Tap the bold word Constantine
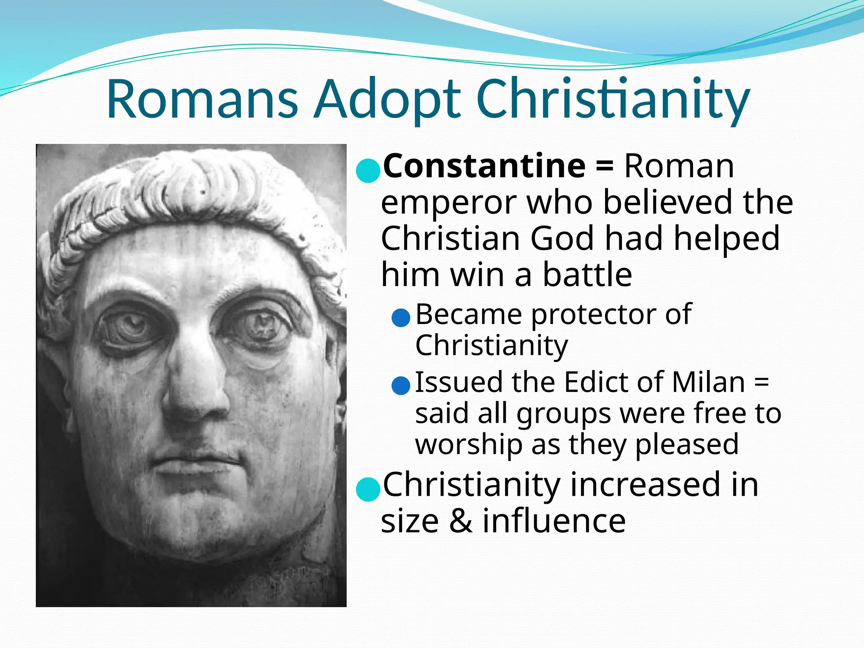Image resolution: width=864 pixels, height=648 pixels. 484,166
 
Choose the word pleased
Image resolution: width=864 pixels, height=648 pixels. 686,444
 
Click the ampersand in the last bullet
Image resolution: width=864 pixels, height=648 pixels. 461,521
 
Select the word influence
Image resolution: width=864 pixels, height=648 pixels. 554,521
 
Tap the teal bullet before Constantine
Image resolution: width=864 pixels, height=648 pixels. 368,170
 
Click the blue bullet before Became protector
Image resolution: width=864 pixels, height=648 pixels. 401,318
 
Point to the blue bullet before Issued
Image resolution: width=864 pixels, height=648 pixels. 401,385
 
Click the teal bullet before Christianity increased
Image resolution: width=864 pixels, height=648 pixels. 368,489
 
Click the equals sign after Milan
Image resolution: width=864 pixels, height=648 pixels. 761,383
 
